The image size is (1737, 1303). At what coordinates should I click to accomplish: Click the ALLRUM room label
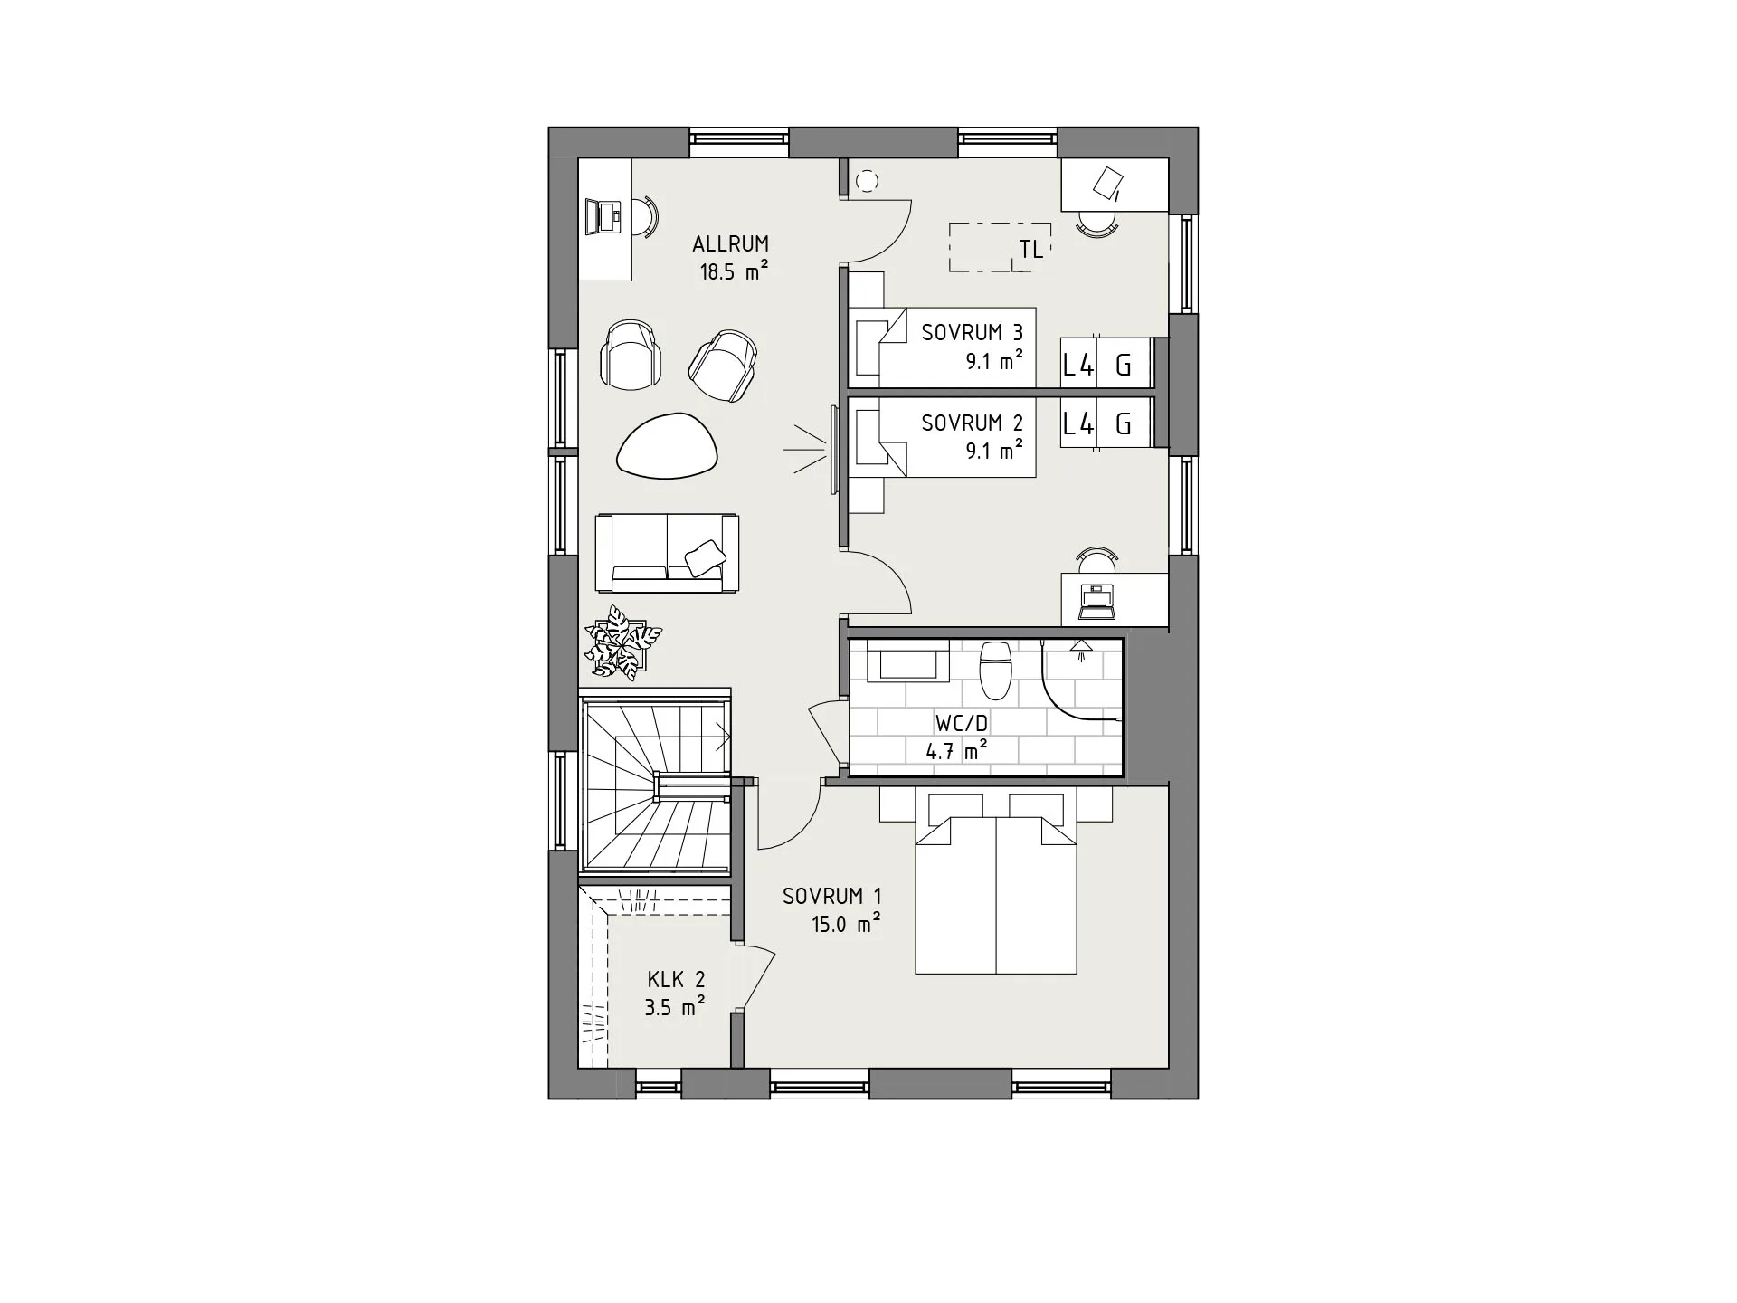click(x=730, y=243)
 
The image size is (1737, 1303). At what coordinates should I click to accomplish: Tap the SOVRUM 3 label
click(x=972, y=332)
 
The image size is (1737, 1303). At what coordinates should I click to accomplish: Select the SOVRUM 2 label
click(x=972, y=423)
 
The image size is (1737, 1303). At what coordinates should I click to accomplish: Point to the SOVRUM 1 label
click(x=831, y=896)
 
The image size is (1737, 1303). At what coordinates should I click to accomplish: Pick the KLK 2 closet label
click(x=675, y=979)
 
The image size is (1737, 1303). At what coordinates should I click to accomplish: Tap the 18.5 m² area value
click(x=733, y=271)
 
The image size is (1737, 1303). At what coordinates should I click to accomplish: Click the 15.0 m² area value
click(x=846, y=924)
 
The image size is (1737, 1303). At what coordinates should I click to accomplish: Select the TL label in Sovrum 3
click(x=1030, y=250)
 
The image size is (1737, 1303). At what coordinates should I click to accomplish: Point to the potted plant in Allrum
click(x=622, y=641)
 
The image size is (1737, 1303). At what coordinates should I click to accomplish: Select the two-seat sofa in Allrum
click(x=667, y=553)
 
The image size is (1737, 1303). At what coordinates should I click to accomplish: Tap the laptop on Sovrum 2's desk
click(x=1097, y=602)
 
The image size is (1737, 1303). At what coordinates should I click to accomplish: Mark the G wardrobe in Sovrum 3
click(x=1124, y=365)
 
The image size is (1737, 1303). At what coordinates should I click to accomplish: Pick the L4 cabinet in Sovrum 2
click(x=1077, y=423)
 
